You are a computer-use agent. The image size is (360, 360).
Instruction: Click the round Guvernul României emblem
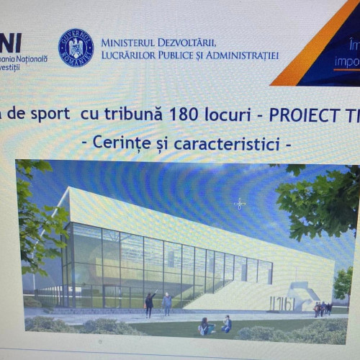click(76, 48)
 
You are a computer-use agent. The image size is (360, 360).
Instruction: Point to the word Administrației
click(243, 55)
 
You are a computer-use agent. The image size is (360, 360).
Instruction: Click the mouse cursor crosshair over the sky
click(240, 204)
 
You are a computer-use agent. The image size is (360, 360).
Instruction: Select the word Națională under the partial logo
click(32, 58)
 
